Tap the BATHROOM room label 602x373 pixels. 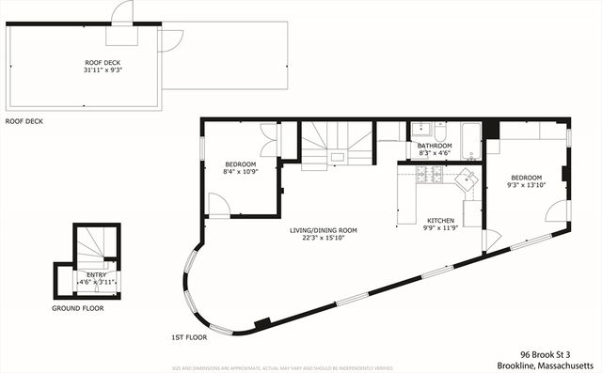coord(435,146)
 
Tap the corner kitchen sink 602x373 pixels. coord(467,180)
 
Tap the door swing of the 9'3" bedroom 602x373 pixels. coord(557,210)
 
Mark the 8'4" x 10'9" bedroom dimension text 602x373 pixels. coord(240,172)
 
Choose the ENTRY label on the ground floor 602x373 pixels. coord(97,273)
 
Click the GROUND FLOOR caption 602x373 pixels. coord(78,308)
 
